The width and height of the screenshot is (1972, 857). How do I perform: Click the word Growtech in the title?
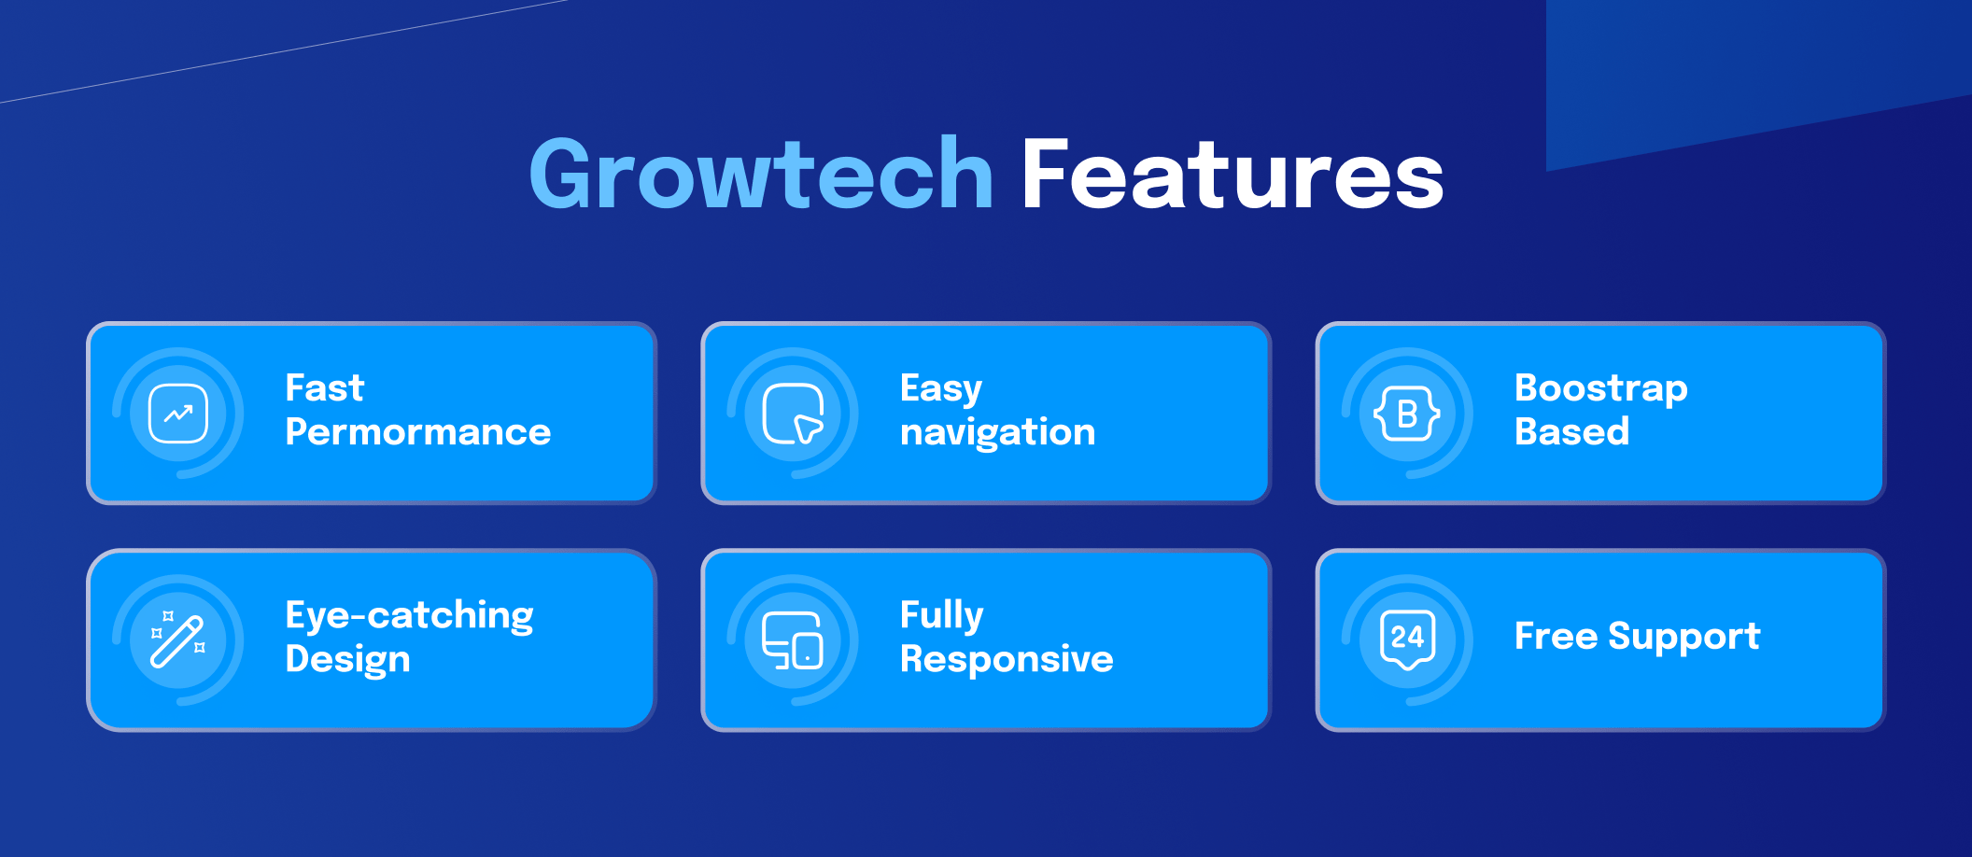761,174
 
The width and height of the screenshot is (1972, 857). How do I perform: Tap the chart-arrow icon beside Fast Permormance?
178,414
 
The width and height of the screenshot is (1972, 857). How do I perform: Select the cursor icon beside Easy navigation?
794,414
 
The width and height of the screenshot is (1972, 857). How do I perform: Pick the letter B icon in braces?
1407,414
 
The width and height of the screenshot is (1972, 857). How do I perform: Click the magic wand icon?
178,640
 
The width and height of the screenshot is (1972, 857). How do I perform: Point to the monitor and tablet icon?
793,640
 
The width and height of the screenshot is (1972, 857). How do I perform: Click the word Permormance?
418,432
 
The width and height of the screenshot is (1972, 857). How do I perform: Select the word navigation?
997,433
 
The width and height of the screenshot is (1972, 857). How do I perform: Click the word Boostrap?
1601,389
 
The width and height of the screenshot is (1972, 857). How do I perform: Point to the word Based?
1572,432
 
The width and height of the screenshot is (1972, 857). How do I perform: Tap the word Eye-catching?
410,616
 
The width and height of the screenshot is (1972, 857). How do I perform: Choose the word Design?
348,660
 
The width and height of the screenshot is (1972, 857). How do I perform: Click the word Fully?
942,616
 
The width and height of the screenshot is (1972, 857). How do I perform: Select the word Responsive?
1007,660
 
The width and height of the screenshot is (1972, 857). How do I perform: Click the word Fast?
325,388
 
